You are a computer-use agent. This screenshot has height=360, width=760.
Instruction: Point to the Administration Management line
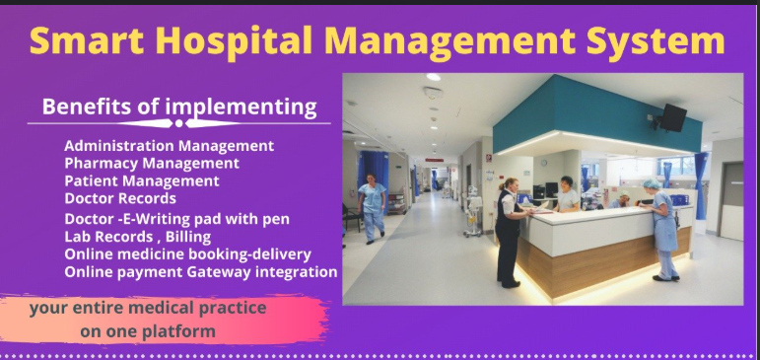[169, 146]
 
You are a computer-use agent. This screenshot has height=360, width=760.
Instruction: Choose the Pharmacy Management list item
[151, 164]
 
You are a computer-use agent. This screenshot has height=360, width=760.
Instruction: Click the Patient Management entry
[141, 181]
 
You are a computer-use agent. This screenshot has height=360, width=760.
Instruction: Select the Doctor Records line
[120, 199]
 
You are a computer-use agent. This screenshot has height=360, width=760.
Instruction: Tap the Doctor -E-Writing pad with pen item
[176, 219]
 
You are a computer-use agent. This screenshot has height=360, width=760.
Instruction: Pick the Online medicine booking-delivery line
[187, 254]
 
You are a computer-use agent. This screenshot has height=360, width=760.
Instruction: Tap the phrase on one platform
[148, 331]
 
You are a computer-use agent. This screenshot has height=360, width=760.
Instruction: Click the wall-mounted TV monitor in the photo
[673, 117]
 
